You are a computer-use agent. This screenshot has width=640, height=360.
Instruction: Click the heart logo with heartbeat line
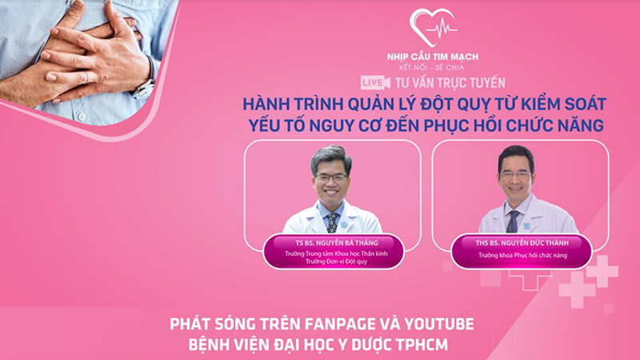click(433, 29)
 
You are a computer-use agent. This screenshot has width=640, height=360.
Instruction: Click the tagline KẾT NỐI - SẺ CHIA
click(433, 69)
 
